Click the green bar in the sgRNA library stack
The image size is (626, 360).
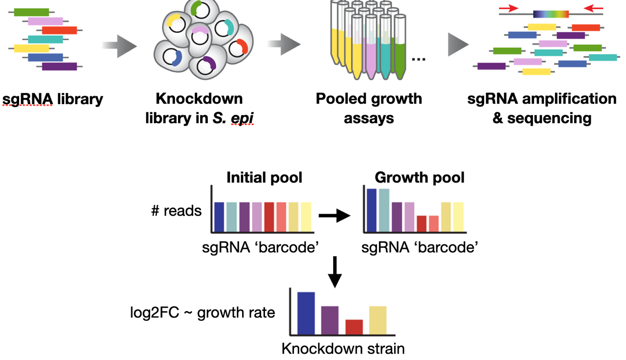[x=31, y=12]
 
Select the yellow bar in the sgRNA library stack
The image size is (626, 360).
[x=31, y=48]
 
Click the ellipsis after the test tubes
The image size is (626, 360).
[x=419, y=60]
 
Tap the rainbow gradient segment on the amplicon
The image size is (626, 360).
[x=551, y=14]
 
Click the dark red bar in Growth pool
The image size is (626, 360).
[x=422, y=224]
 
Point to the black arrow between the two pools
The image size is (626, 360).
[x=335, y=215]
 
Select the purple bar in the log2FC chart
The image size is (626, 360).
[x=330, y=320]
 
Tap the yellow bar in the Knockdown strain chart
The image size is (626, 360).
[x=378, y=320]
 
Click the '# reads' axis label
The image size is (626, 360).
[x=176, y=211]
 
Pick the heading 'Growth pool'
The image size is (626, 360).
[x=419, y=177]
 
